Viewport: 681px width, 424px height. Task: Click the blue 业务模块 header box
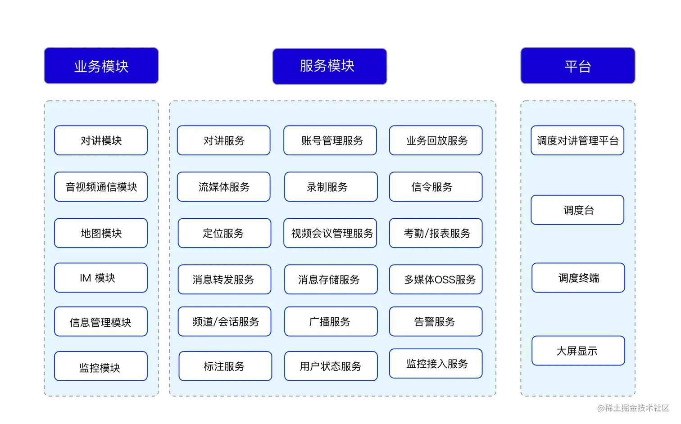click(x=101, y=66)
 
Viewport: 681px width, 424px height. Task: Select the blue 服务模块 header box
click(x=329, y=66)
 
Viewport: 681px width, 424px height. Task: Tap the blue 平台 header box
click(x=578, y=66)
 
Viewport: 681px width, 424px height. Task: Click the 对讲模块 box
click(x=101, y=140)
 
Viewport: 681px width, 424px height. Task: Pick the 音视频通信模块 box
click(x=101, y=187)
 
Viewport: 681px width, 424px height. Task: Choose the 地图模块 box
click(x=101, y=233)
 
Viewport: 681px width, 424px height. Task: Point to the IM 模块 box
click(x=101, y=278)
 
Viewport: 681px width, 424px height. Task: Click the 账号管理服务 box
click(x=330, y=140)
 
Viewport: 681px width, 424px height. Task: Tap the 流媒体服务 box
click(x=224, y=187)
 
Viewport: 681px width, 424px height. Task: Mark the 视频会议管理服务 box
click(x=330, y=233)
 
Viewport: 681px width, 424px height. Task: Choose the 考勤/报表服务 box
click(x=436, y=233)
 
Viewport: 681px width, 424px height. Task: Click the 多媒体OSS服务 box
click(x=436, y=280)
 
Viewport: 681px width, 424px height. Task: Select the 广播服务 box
click(x=331, y=321)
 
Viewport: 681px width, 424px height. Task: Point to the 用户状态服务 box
click(x=331, y=366)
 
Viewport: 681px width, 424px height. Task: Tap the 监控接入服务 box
click(x=436, y=364)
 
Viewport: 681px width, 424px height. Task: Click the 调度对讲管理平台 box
click(x=577, y=140)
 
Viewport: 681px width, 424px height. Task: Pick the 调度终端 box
click(x=578, y=278)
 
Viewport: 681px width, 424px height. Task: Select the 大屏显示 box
click(x=578, y=351)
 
